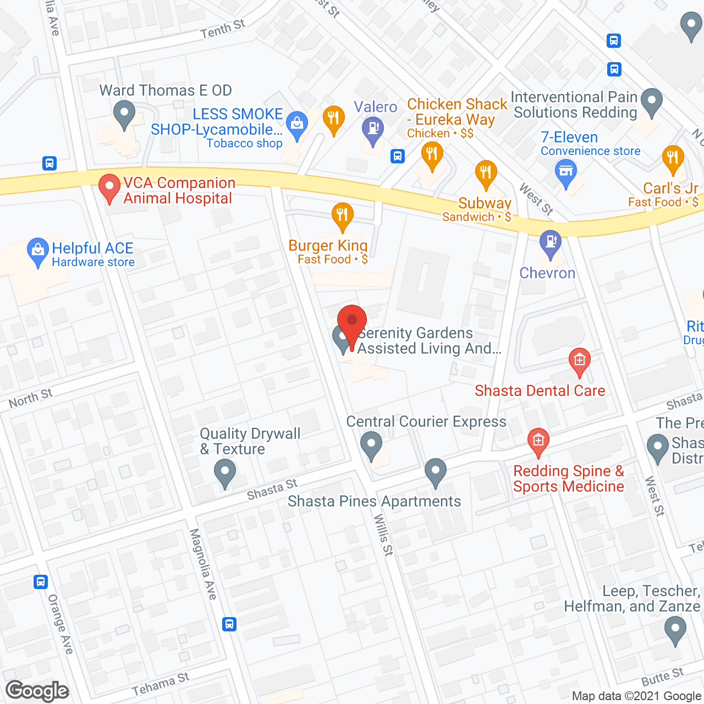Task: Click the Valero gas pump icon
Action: (x=373, y=130)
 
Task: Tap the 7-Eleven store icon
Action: (x=565, y=172)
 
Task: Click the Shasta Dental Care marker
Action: (x=579, y=361)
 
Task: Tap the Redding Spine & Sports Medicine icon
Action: (x=538, y=441)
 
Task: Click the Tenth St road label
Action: (x=222, y=29)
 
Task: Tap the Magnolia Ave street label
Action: (x=203, y=563)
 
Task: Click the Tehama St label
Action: (x=160, y=684)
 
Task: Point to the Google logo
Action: (x=37, y=690)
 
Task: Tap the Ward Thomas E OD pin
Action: (x=124, y=114)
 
